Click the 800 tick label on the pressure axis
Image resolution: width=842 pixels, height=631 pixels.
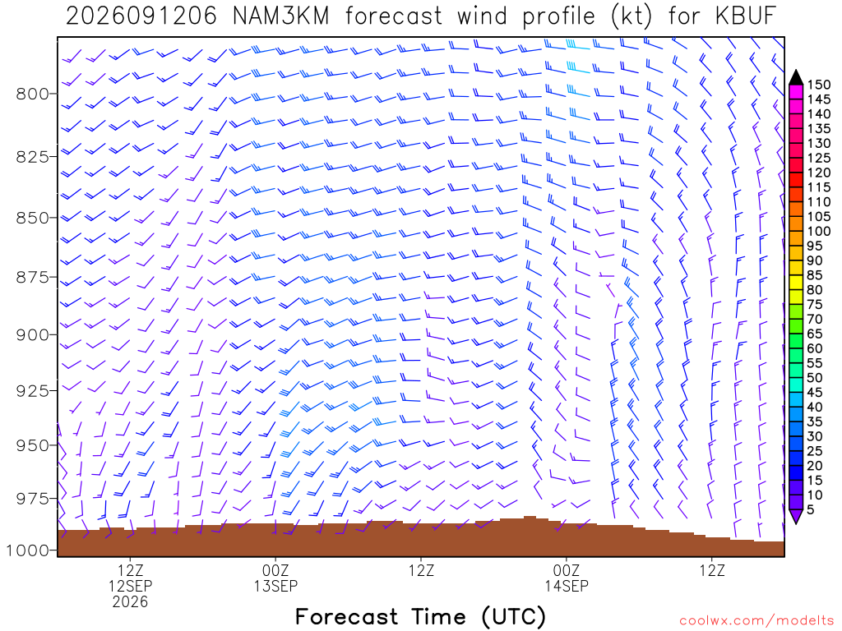(33, 94)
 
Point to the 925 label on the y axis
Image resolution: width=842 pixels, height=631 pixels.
(33, 390)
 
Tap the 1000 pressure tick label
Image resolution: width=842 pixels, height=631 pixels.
(30, 550)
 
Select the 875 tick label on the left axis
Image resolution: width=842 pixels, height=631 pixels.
(33, 278)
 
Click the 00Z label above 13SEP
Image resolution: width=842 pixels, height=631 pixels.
(275, 570)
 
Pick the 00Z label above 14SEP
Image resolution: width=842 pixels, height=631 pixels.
(567, 570)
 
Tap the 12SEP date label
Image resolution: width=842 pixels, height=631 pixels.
(131, 586)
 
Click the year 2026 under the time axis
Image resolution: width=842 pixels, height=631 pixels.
(131, 602)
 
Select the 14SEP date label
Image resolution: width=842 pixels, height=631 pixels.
(567, 586)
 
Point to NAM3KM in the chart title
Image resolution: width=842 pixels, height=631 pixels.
(281, 16)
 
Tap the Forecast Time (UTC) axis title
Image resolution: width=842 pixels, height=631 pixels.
(421, 617)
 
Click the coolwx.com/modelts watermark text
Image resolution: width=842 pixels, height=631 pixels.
(756, 621)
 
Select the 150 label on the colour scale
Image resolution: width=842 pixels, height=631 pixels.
(818, 85)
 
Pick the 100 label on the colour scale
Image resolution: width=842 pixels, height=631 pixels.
(818, 231)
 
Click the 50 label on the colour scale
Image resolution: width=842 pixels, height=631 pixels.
(815, 378)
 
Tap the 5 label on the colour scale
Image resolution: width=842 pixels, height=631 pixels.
(810, 509)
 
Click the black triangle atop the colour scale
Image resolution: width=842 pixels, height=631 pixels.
(796, 78)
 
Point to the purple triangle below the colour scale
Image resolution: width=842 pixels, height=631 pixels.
(796, 516)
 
